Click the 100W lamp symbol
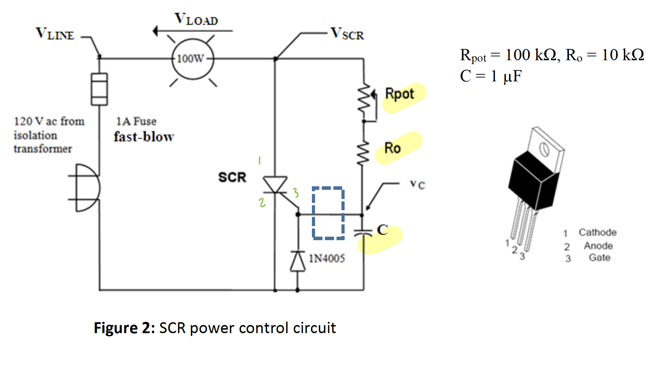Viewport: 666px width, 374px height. pos(193,58)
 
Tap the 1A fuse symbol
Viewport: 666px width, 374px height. pos(99,89)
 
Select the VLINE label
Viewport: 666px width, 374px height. pos(55,34)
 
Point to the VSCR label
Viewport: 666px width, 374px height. pos(347,34)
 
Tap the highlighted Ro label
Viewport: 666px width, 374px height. pos(392,148)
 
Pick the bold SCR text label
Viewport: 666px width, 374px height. pos(232,177)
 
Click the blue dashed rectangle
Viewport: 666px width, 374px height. pos(328,213)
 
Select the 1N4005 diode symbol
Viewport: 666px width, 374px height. pos(298,261)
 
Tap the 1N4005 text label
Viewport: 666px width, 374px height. pos(327,258)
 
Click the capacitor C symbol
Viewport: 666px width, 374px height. pos(363,233)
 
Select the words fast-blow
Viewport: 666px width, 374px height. pos(143,137)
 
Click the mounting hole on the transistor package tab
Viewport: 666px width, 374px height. pos(544,149)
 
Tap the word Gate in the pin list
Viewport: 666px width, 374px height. pos(599,258)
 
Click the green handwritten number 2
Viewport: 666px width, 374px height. pos(262,202)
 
